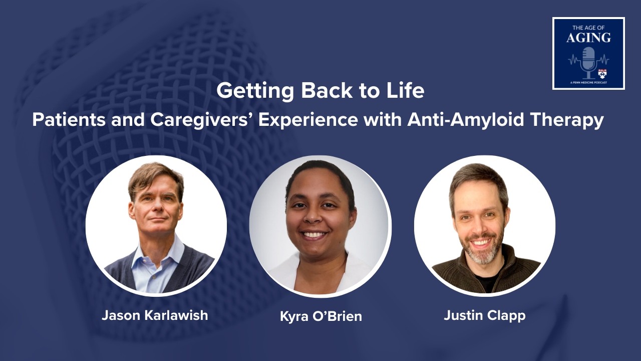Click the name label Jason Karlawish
(x=155, y=315)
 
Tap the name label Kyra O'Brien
(x=320, y=316)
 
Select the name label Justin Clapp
(x=484, y=315)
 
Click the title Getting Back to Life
(x=320, y=91)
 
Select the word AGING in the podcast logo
(x=588, y=38)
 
